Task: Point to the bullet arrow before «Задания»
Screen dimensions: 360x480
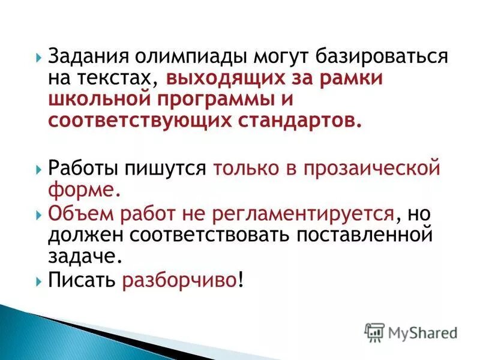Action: [39, 58]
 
